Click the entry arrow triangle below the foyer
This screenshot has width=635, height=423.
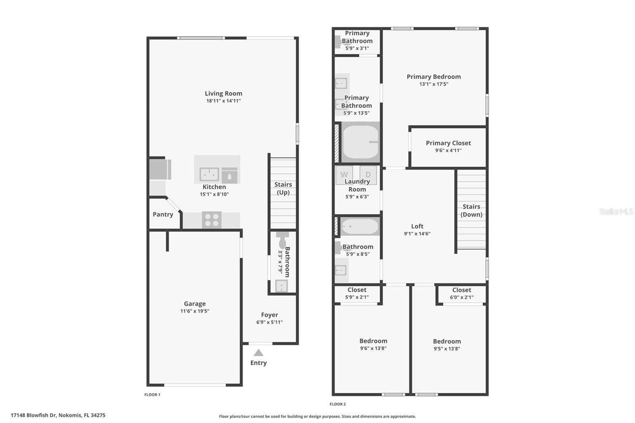tap(258, 353)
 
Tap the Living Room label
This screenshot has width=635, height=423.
tap(223, 94)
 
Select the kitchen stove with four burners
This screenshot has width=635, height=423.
tap(212, 220)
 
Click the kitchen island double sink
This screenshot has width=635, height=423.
tap(209, 174)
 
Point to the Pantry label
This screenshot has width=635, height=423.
tap(163, 214)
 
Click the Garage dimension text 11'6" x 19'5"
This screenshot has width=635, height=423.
tap(194, 311)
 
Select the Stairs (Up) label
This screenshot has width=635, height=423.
tap(283, 188)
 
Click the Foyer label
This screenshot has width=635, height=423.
tap(269, 315)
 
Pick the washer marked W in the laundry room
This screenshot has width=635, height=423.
tap(344, 175)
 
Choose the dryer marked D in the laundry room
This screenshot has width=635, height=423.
tap(368, 175)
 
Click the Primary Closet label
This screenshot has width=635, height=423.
tap(448, 143)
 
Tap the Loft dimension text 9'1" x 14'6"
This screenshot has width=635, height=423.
tap(417, 234)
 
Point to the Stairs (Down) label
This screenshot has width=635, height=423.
tap(471, 210)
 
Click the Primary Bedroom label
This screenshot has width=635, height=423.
tap(434, 77)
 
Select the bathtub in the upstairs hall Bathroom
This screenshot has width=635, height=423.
tap(360, 227)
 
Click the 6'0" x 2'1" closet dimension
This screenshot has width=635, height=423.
tap(462, 297)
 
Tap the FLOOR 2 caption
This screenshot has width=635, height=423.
tap(338, 404)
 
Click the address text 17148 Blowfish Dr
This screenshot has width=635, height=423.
tap(34, 415)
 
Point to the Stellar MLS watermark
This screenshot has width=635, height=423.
tap(616, 211)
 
